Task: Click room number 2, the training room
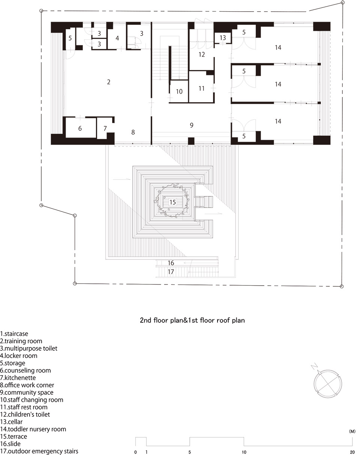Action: tap(108, 82)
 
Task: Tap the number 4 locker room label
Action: tap(117, 38)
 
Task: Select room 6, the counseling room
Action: tap(80, 128)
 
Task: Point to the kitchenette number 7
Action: tap(105, 128)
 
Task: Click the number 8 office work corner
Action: tap(133, 132)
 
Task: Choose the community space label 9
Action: tap(192, 125)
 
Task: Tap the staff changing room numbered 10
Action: tap(179, 91)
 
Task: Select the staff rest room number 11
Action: tap(202, 88)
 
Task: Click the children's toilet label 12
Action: tap(202, 55)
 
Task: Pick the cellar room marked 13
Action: tap(223, 38)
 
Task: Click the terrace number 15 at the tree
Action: tap(172, 202)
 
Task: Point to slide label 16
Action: tap(171, 263)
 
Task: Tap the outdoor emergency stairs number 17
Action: tap(171, 272)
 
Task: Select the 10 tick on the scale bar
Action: tap(244, 452)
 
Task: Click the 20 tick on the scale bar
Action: tap(352, 452)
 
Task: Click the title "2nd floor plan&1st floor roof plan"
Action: tap(192, 320)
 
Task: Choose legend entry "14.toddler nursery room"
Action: tap(33, 429)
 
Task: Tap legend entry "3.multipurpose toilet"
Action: tap(28, 348)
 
